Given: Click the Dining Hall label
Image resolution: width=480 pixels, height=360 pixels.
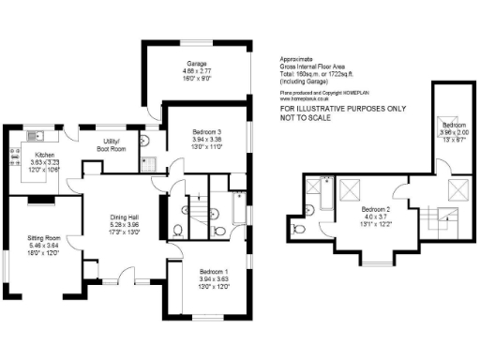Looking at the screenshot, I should pos(124,217).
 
